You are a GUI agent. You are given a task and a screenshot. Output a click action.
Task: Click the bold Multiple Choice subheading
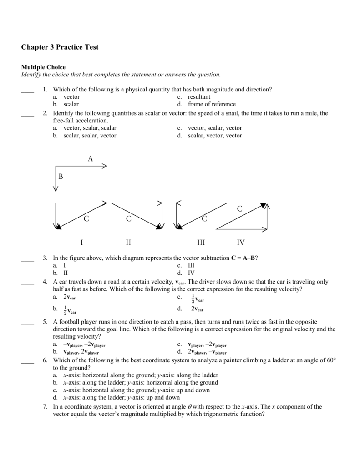(x=43, y=67)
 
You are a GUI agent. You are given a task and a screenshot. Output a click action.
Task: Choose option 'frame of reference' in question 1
(x=212, y=104)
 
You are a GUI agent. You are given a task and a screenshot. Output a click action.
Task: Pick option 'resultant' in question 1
(x=199, y=97)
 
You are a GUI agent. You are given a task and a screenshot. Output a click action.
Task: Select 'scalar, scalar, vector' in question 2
(x=90, y=135)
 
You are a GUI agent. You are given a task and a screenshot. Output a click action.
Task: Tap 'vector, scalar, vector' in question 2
(x=215, y=128)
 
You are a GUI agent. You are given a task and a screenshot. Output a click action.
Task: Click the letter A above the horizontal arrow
(x=90, y=158)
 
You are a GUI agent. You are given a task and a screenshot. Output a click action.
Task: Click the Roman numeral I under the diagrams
(x=82, y=243)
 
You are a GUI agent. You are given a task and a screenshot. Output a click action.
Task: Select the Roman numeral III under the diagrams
(x=201, y=243)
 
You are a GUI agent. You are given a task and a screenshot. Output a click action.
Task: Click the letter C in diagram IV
(x=240, y=208)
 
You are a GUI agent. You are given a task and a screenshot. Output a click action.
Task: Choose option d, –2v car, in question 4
(x=196, y=309)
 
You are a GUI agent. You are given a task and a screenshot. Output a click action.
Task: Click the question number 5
(x=46, y=321)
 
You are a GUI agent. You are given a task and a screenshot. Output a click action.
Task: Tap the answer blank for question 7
(x=28, y=408)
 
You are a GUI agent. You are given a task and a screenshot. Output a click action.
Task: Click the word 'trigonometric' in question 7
(x=220, y=415)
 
